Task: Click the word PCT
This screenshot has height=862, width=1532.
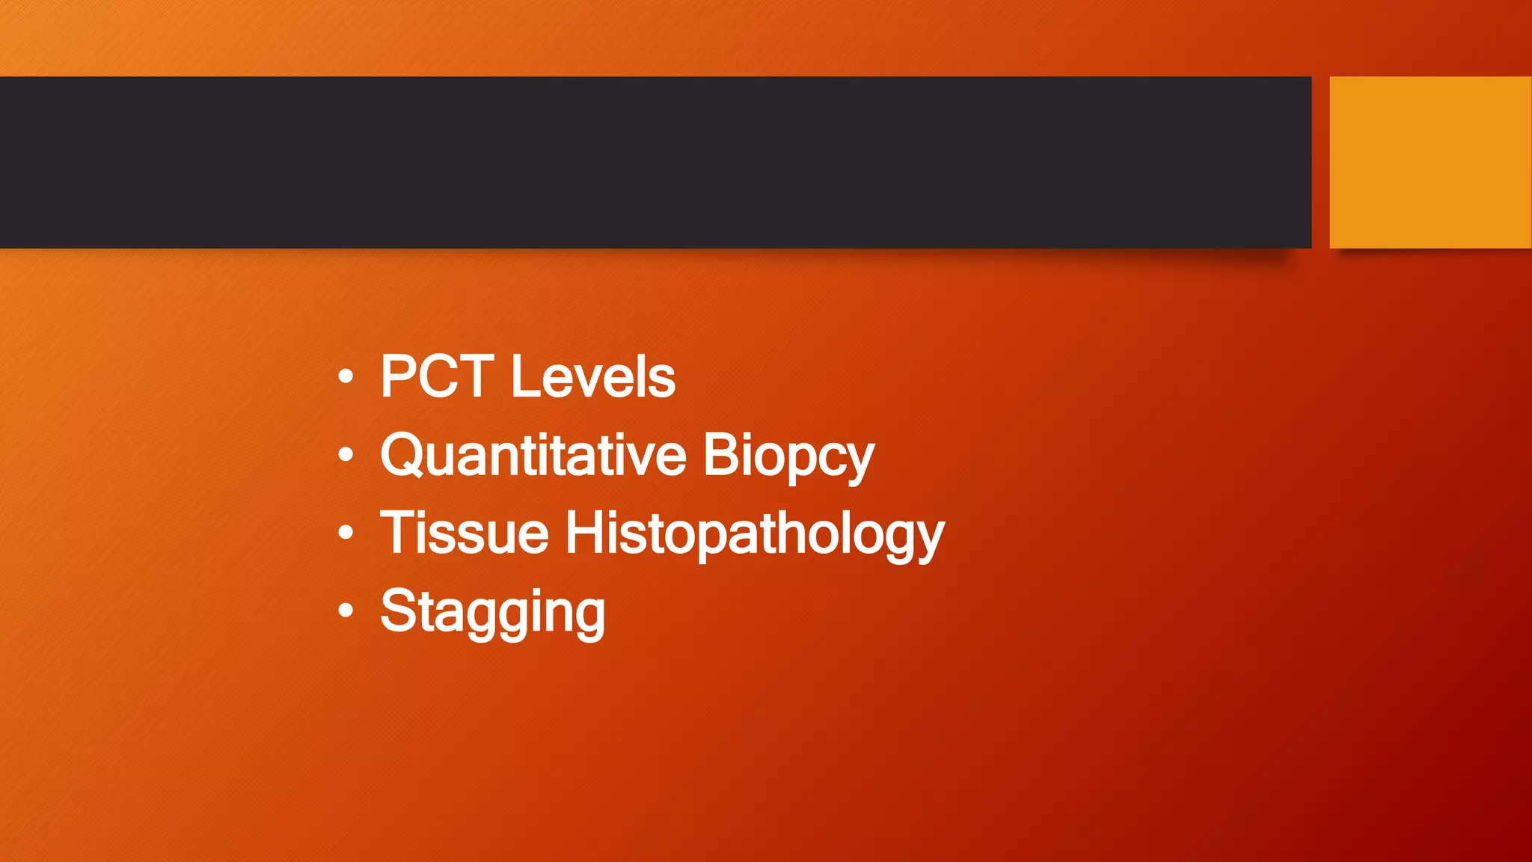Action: (437, 376)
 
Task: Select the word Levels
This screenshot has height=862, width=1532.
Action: (593, 376)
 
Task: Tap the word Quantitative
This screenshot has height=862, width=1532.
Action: (533, 455)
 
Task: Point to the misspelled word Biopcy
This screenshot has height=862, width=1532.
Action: (788, 455)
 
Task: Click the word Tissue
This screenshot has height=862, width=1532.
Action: (465, 533)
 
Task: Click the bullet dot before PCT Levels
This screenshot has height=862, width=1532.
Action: (345, 376)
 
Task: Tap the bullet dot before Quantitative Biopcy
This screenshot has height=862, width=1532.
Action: (345, 453)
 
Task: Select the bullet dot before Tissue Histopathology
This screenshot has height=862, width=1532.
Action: (345, 532)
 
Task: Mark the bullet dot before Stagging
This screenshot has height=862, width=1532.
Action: (345, 611)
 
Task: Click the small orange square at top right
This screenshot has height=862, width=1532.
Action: (1430, 162)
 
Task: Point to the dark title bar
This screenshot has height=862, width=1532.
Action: (655, 162)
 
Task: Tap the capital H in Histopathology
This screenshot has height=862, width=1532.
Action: (585, 533)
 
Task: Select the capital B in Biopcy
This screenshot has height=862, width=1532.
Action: (720, 454)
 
